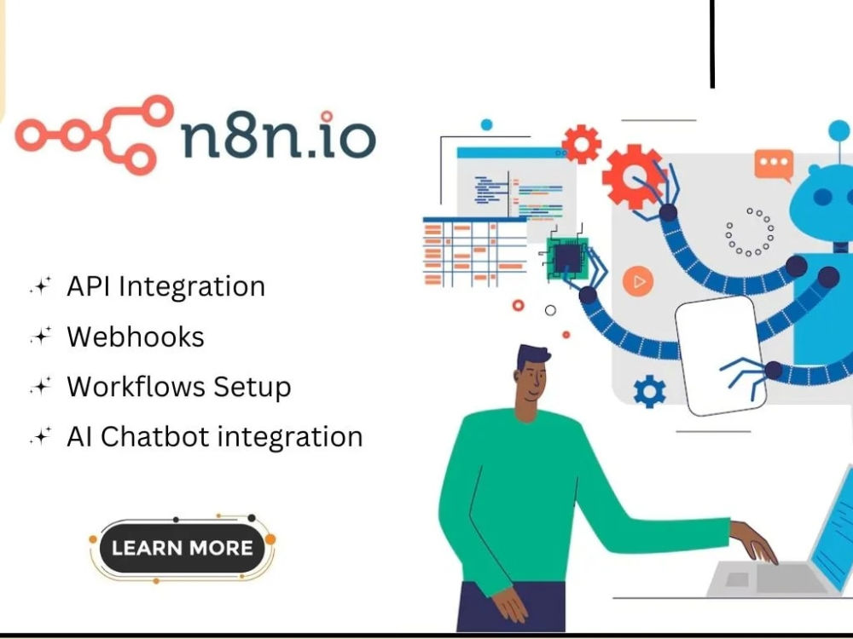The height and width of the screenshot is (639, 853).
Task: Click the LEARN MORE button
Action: coord(183,548)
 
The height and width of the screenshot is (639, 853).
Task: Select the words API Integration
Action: coord(166,286)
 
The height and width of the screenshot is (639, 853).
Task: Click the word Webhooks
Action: coord(136,337)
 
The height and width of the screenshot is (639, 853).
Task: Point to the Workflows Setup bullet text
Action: coord(179,388)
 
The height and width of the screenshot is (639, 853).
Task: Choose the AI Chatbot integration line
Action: coord(215,437)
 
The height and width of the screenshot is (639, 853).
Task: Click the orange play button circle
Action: coord(637,281)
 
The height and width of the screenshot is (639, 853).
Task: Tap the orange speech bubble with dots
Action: coord(774,165)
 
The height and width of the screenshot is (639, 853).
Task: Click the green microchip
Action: coord(567,259)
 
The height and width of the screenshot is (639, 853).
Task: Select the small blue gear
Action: coord(649,392)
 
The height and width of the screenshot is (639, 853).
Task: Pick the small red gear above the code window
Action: coord(582,144)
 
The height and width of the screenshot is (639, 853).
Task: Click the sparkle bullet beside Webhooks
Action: coord(41,337)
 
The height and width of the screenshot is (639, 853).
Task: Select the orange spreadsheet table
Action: coord(475,251)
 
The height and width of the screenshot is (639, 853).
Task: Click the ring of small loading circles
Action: coord(750,232)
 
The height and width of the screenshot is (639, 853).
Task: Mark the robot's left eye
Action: coord(822,197)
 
